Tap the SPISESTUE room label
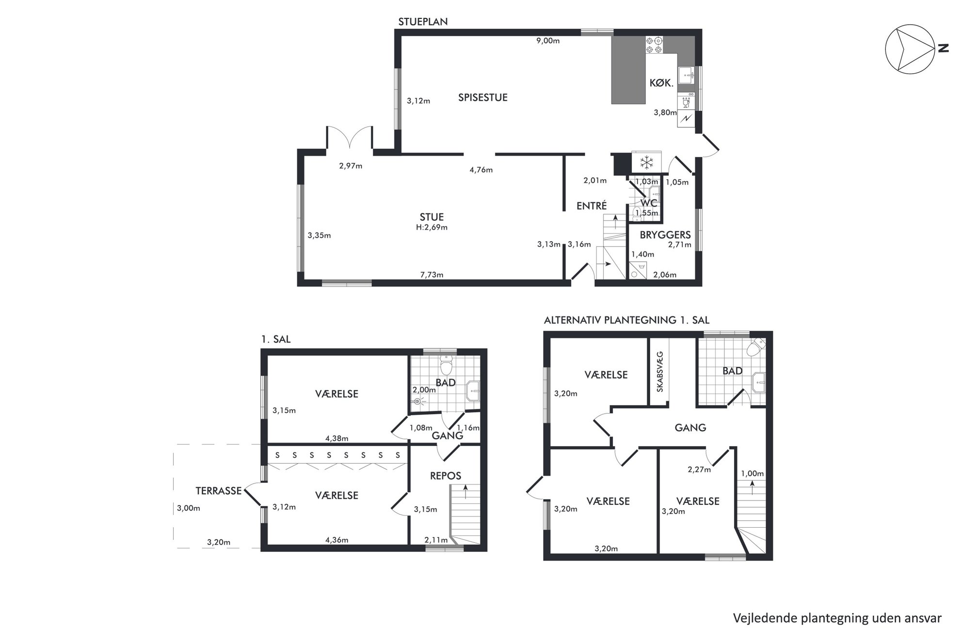(x=483, y=97)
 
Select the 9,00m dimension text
(x=548, y=41)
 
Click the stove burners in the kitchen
(x=654, y=45)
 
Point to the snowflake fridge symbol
(x=646, y=162)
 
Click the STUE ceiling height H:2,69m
(x=432, y=227)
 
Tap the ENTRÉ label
(x=592, y=205)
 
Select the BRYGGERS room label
(x=665, y=235)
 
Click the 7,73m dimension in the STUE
(x=432, y=275)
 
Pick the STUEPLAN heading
(x=423, y=22)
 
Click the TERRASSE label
(x=218, y=491)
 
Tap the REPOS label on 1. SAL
(x=446, y=476)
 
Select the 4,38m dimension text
(x=337, y=438)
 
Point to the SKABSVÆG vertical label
(x=659, y=371)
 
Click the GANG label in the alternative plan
(x=690, y=428)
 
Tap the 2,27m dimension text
(x=699, y=469)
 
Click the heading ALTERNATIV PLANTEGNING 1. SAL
(x=626, y=320)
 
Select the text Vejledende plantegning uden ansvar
(x=837, y=618)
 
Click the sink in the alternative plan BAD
(x=758, y=382)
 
